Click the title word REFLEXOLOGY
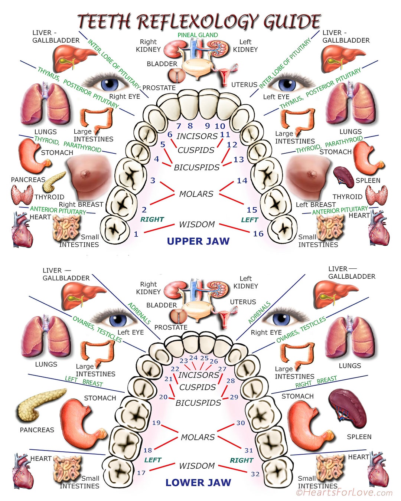point(197,22)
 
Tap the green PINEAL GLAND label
point(198,35)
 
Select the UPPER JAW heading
point(198,241)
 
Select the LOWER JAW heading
point(198,482)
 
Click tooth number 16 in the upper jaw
point(258,234)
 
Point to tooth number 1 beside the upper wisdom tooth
point(136,234)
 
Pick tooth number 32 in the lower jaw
point(255,474)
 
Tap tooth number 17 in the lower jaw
point(141,473)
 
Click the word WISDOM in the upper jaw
point(197,225)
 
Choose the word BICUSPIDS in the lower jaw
point(198,403)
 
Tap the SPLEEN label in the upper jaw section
point(368,181)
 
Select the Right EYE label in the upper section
point(124,96)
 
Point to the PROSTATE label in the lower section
point(171,327)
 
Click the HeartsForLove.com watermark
point(344,492)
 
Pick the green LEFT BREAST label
point(84,381)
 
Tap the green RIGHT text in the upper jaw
point(152,219)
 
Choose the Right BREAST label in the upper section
point(81,204)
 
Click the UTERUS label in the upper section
point(244,85)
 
